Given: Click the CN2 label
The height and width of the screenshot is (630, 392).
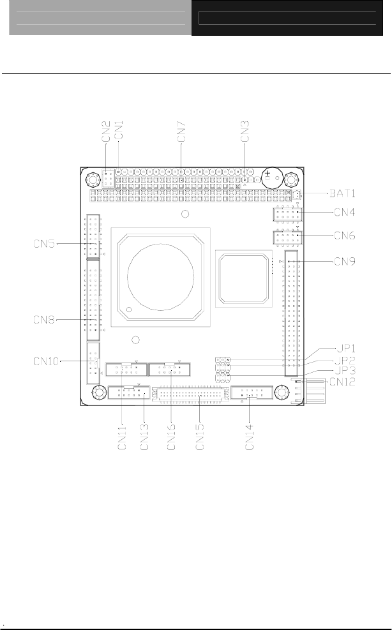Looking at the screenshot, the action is pos(106,131).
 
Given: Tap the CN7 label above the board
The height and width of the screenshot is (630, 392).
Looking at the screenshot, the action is pos(181,131).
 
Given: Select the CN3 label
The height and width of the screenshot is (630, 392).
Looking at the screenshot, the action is pos(245,131).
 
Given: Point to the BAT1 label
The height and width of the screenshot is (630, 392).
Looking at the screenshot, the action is pos(343,193).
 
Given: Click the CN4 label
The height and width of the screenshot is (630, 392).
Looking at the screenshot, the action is pos(345,212).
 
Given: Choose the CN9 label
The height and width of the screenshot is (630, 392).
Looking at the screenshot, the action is pos(345,262).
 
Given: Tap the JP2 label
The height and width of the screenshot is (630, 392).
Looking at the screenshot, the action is pos(345,360).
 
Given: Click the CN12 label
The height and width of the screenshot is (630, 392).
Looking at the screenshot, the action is pos(342,381).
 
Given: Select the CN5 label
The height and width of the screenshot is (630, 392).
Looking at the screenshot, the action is pos(44,244).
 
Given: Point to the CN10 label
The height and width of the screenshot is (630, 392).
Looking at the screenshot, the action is pos(46,361).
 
